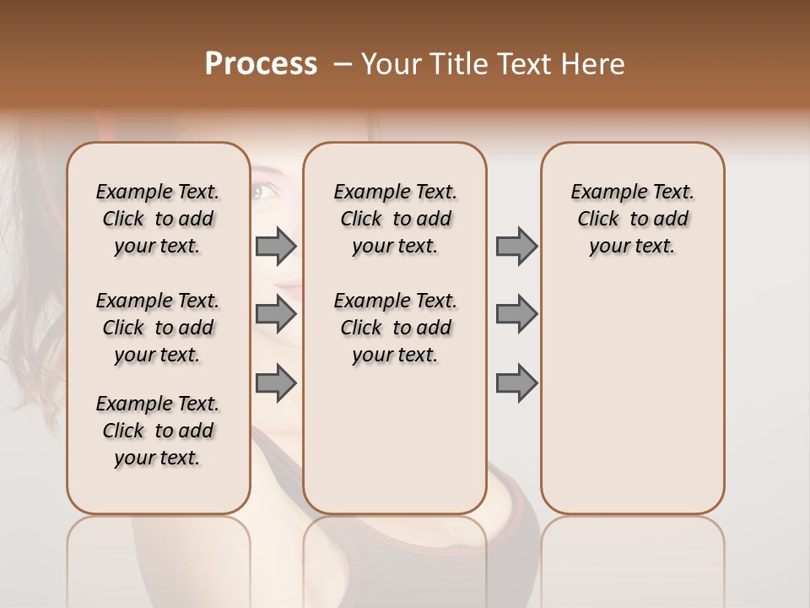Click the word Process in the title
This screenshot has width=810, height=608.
click(261, 64)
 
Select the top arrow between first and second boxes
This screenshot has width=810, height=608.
click(276, 246)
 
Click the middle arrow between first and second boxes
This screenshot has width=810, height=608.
click(276, 314)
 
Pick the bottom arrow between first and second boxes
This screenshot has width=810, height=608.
click(276, 383)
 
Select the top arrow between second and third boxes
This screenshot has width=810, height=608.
click(516, 246)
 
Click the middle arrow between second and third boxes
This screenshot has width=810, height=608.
click(516, 314)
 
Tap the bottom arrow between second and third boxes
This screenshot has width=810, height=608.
click(516, 383)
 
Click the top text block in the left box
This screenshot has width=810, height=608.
click(158, 219)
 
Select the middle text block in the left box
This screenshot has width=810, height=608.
click(158, 328)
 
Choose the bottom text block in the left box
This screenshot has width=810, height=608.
click(158, 431)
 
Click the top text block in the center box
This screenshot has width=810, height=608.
click(395, 219)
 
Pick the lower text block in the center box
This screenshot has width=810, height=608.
click(395, 328)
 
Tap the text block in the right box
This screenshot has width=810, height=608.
click(632, 219)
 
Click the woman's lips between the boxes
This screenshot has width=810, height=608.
click(289, 290)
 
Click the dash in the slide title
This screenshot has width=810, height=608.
click(342, 64)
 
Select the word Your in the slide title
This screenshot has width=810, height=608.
click(391, 64)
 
